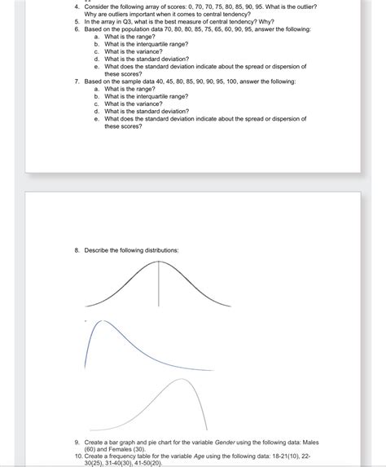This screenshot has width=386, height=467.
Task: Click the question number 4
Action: (x=75, y=7)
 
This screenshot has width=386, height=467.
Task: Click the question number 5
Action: (x=75, y=21)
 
